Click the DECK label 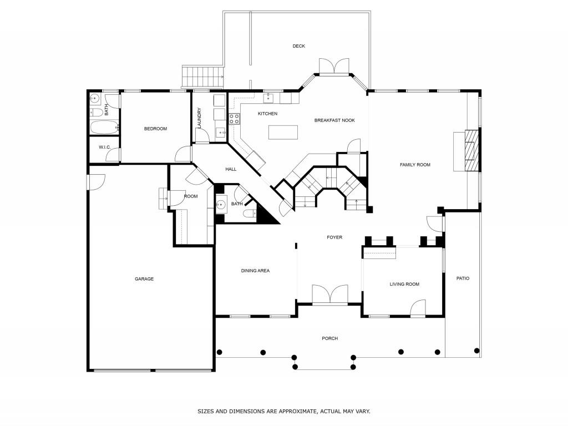(299, 46)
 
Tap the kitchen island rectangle (283, 132)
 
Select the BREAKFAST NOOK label (334, 120)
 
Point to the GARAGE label (144, 279)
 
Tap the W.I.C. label (104, 147)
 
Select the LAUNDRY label (199, 118)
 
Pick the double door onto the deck (334, 66)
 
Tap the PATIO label (463, 278)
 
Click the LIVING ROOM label (404, 284)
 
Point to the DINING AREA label (255, 271)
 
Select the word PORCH (329, 338)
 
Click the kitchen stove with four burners (234, 118)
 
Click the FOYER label (334, 237)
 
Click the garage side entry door (97, 182)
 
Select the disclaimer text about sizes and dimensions (284, 412)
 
